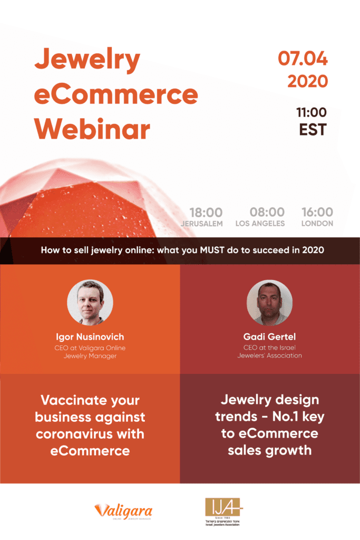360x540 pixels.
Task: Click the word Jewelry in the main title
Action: point(87,62)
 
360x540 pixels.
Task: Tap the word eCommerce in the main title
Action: point(116,95)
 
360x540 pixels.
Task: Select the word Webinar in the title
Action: point(92,128)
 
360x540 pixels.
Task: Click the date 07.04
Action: point(303,59)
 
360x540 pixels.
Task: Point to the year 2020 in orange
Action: point(307,82)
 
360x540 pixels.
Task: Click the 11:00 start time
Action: point(312,112)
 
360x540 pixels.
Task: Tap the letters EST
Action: point(313,129)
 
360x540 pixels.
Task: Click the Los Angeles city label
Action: point(260,224)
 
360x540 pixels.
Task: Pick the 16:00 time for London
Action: point(317,213)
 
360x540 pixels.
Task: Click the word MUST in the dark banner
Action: point(211,250)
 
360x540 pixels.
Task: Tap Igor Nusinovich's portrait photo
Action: point(90,303)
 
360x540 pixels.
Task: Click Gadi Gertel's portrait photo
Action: point(269,303)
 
